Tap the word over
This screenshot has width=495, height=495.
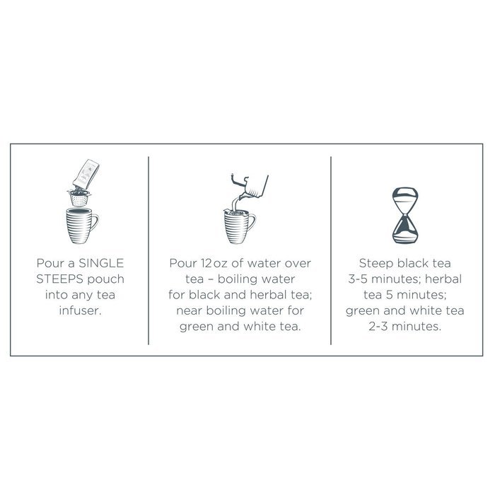(x=296, y=263)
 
